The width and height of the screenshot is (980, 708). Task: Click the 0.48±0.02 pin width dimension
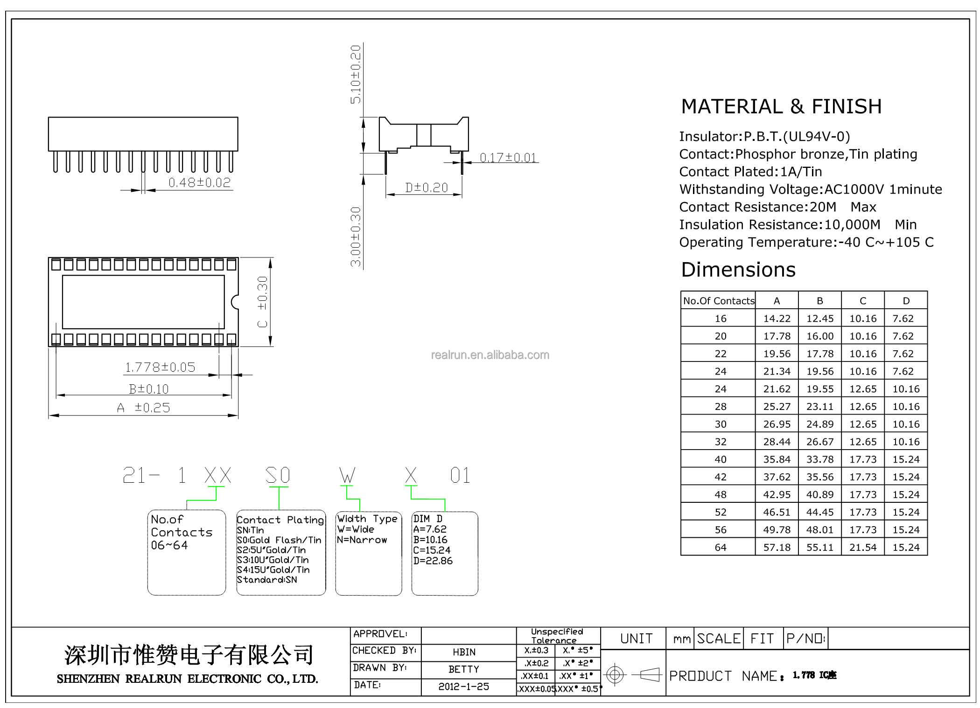(x=200, y=182)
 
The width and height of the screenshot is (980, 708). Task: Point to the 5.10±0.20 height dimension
(x=356, y=74)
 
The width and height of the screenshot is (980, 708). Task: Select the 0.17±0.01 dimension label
(x=508, y=158)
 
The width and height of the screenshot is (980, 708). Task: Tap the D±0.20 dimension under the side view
(x=427, y=187)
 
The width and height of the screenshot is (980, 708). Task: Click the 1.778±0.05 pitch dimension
(x=160, y=368)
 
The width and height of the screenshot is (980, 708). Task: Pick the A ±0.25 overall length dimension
(x=144, y=408)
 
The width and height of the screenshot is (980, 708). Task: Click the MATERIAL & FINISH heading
(x=782, y=106)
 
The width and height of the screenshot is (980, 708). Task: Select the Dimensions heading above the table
(x=738, y=270)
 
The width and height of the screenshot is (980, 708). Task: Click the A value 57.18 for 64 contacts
(x=777, y=547)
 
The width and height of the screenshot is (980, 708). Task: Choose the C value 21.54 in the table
(x=863, y=547)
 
